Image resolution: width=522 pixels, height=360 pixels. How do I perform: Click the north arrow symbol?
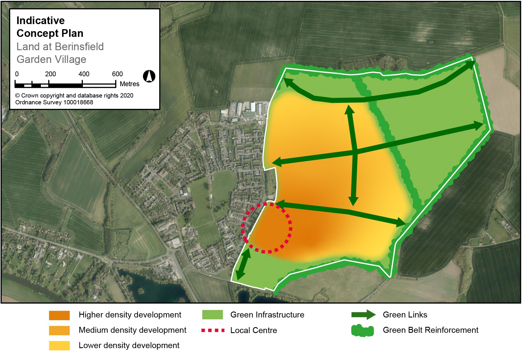[149, 76]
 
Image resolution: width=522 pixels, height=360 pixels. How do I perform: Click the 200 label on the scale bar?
[50, 74]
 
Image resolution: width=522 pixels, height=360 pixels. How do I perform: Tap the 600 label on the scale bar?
[117, 74]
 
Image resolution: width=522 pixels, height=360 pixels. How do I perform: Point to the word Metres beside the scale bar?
[130, 84]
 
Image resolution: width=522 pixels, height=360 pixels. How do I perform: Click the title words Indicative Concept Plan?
[50, 27]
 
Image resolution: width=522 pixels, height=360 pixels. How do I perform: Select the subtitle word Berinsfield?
[79, 46]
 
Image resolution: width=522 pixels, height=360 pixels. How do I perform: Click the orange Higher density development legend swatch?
[59, 315]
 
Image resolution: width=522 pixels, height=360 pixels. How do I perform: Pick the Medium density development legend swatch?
[59, 331]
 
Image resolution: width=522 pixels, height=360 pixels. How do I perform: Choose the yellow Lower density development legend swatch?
[59, 346]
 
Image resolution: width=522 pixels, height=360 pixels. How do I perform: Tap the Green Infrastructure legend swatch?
[212, 315]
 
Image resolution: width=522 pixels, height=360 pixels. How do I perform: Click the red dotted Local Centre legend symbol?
[213, 330]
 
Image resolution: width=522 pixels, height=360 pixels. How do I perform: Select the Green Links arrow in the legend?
[363, 315]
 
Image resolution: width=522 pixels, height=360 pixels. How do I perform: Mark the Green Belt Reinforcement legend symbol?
[363, 331]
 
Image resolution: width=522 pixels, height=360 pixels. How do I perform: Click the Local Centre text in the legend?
[254, 331]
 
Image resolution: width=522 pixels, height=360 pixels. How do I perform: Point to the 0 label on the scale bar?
[17, 74]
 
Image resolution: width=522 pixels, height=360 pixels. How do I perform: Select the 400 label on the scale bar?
[84, 74]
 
